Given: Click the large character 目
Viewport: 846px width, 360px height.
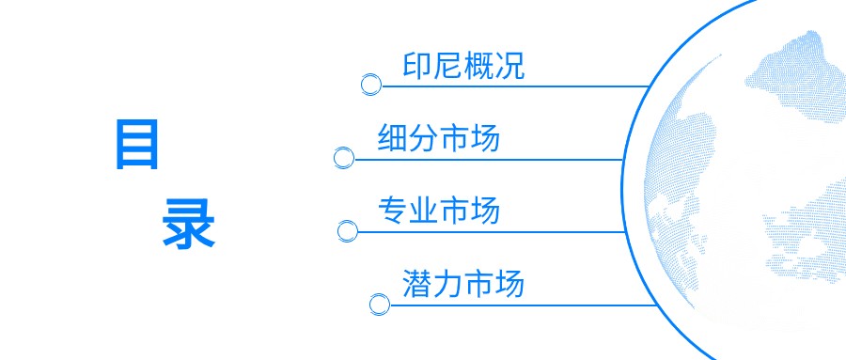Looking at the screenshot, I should [x=137, y=145].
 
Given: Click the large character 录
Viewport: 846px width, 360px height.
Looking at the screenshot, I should [x=189, y=223].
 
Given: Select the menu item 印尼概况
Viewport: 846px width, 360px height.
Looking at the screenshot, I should [x=463, y=66].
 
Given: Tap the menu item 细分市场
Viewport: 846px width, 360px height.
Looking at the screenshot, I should [x=438, y=138].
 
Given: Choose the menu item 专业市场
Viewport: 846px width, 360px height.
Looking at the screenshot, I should [x=438, y=210].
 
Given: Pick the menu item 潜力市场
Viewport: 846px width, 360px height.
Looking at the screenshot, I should [x=463, y=283].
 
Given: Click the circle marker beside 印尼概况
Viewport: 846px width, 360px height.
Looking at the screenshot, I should [x=371, y=86].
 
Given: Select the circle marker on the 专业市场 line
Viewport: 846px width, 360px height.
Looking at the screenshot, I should [x=347, y=229].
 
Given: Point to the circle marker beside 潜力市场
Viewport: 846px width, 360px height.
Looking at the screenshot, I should [x=379, y=304].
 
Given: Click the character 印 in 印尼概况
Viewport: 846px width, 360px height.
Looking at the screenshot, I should [x=417, y=66].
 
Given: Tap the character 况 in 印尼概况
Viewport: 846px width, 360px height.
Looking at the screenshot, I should [x=509, y=66].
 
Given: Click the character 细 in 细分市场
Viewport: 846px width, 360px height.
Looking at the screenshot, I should [x=392, y=138].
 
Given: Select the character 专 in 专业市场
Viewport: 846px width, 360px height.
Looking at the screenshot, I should [x=392, y=210].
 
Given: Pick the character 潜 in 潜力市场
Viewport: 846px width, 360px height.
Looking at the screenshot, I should [x=417, y=283].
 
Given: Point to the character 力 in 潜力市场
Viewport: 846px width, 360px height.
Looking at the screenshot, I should [x=448, y=283].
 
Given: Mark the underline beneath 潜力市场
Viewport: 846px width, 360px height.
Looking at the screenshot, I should [x=526, y=304].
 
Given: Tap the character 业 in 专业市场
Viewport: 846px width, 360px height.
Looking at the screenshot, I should [x=423, y=210].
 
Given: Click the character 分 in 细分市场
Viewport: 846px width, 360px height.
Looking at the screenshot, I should [x=423, y=138].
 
